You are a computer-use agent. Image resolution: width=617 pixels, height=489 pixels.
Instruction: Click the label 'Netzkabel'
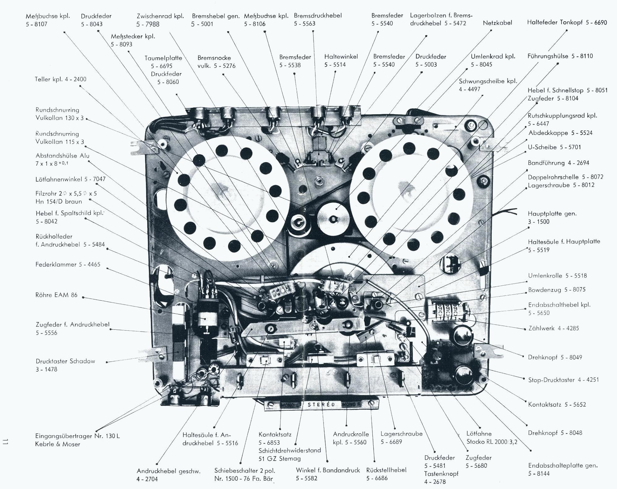click(497, 23)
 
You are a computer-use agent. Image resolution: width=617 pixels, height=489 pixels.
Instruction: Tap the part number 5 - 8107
click(36, 24)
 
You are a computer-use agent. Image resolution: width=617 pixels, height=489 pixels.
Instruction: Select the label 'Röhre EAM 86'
click(56, 295)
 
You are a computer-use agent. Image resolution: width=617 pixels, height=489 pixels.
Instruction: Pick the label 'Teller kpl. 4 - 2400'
click(60, 79)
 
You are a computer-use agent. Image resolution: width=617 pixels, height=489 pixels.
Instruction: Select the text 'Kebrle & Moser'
click(58, 444)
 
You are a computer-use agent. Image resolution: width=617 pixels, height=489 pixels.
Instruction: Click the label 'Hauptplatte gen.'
click(552, 214)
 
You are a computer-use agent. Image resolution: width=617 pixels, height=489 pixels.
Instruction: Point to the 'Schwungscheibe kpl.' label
click(488, 81)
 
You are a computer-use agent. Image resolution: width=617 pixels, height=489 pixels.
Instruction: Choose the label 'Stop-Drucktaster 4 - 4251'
click(563, 380)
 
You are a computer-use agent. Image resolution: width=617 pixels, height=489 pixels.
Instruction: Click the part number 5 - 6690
click(596, 23)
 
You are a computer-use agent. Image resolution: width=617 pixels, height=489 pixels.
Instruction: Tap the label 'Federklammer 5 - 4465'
click(68, 265)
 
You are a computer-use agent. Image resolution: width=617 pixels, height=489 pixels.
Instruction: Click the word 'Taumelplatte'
click(163, 58)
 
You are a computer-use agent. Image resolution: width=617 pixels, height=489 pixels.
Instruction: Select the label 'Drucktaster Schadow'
click(65, 361)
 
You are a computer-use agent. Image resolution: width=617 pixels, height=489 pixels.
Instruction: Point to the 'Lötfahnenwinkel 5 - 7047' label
click(70, 179)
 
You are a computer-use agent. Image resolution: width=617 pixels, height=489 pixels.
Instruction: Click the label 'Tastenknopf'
click(441, 474)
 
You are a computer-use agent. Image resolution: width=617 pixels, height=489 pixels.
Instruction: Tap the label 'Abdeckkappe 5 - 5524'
click(560, 133)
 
